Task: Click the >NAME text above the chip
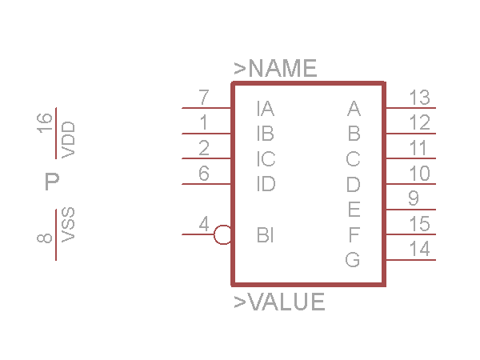pyautogui.click(x=275, y=69)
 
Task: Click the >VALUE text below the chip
pyautogui.click(x=279, y=302)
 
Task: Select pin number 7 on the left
pyautogui.click(x=204, y=98)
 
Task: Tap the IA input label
pyautogui.click(x=266, y=108)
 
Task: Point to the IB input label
pyautogui.click(x=266, y=134)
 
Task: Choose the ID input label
pyautogui.click(x=266, y=184)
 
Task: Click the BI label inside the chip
pyautogui.click(x=266, y=235)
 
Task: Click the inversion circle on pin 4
pyautogui.click(x=223, y=235)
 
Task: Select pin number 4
pyautogui.click(x=204, y=226)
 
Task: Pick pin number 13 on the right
pyautogui.click(x=419, y=98)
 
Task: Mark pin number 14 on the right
pyautogui.click(x=419, y=250)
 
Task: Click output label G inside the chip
pyautogui.click(x=353, y=260)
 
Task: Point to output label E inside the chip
pyautogui.click(x=354, y=210)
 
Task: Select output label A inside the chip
pyautogui.click(x=354, y=108)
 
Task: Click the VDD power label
pyautogui.click(x=68, y=140)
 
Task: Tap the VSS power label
pyautogui.click(x=68, y=225)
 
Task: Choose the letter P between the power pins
pyautogui.click(x=52, y=182)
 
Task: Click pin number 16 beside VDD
pyautogui.click(x=45, y=122)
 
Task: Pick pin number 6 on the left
pyautogui.click(x=204, y=174)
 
